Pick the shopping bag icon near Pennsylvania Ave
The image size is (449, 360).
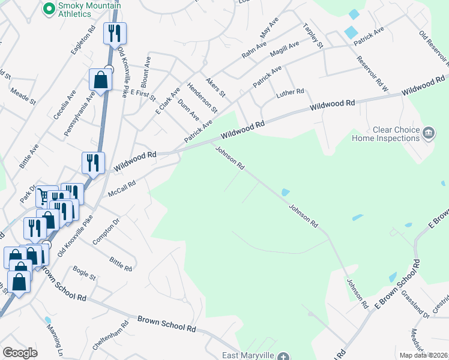click(x=100, y=79)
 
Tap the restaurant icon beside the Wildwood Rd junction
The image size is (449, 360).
click(x=93, y=163)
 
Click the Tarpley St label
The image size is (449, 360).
click(x=313, y=36)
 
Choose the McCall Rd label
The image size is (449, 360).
click(x=122, y=190)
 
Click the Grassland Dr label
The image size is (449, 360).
click(x=415, y=304)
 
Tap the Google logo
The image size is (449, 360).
click(x=20, y=353)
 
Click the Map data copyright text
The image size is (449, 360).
click(x=424, y=355)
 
